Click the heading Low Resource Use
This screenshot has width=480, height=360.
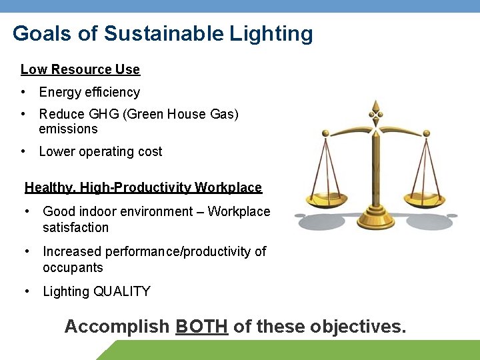tap(80, 69)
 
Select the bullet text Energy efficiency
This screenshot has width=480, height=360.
tap(89, 92)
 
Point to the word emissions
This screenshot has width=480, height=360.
tap(68, 129)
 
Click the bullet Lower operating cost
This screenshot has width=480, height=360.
tap(101, 151)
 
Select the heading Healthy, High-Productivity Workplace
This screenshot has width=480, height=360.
tap(143, 187)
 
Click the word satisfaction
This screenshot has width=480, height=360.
tap(75, 227)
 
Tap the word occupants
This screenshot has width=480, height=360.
tap(73, 267)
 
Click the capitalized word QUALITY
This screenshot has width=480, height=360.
tap(122, 291)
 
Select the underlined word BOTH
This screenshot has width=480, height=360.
tap(201, 327)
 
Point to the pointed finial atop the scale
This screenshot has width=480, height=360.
tap(376, 107)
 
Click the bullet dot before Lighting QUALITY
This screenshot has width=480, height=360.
tap(27, 291)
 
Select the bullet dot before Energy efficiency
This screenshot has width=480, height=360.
tap(23, 92)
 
